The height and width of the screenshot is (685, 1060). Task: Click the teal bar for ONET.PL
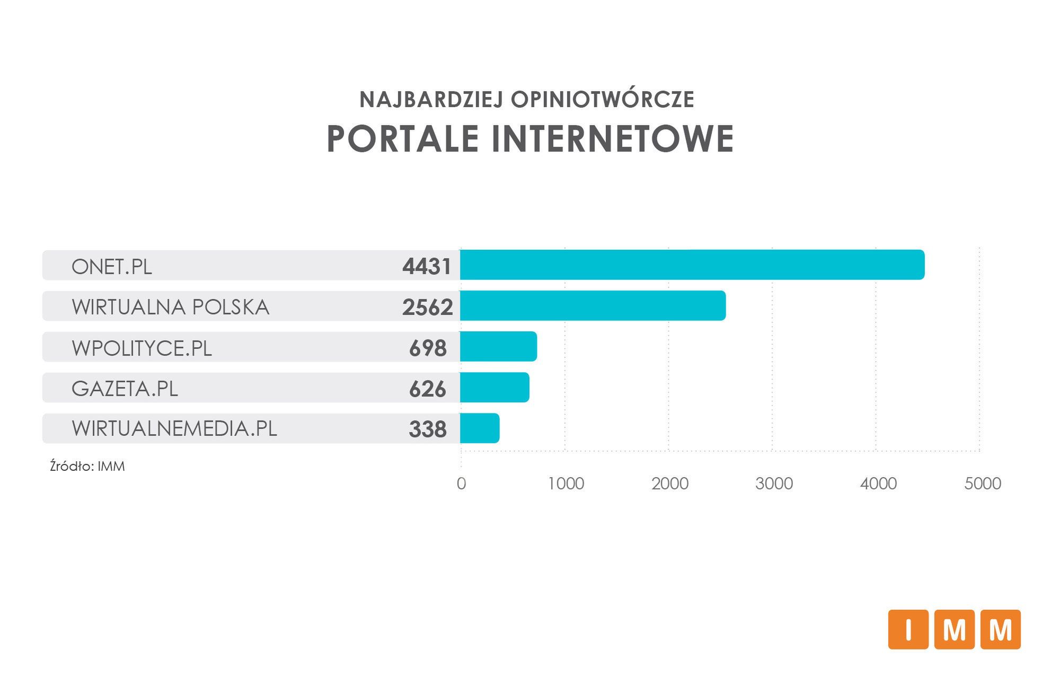[x=692, y=265]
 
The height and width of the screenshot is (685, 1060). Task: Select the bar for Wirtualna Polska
[x=593, y=305]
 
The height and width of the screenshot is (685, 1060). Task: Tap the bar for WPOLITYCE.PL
[x=498, y=346]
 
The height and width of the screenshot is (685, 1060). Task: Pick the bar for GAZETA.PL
[x=494, y=387]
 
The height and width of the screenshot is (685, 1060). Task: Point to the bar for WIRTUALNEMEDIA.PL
[x=480, y=428]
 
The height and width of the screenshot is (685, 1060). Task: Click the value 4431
[x=427, y=266]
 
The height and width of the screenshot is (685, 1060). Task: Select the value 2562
[x=427, y=307]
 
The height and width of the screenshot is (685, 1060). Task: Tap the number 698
[x=428, y=348]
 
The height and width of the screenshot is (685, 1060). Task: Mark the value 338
[x=428, y=429]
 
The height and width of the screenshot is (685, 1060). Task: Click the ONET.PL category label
[x=112, y=266]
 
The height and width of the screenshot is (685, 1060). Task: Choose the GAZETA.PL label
[x=125, y=389]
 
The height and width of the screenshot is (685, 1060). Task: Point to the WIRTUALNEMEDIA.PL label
[x=174, y=428]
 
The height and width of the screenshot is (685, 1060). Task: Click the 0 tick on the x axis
[x=461, y=484]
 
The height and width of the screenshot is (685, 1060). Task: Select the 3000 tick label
[x=774, y=484]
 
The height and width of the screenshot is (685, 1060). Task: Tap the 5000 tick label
[x=983, y=484]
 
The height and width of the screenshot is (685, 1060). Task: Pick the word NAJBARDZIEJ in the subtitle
[x=431, y=100]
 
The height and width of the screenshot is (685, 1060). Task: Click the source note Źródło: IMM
[x=87, y=467]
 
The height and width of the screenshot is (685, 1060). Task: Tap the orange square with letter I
[x=908, y=629]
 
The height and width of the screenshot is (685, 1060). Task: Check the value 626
[x=428, y=389]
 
